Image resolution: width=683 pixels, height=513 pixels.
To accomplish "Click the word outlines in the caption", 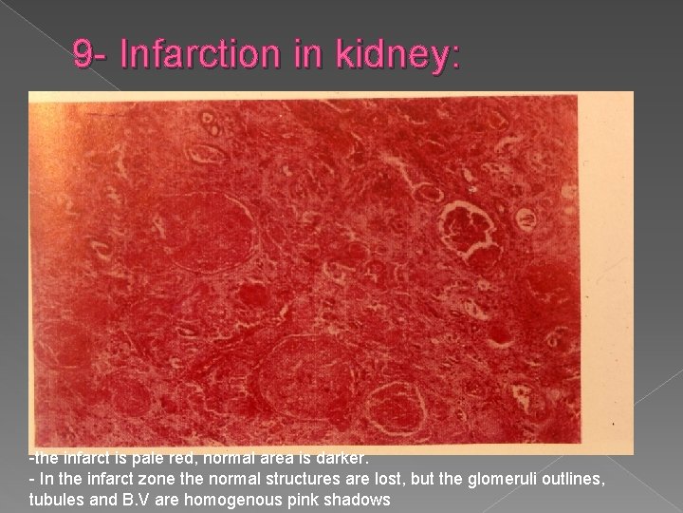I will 538,480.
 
